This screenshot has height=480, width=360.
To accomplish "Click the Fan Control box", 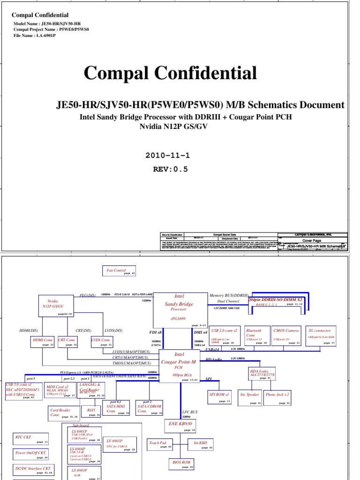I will coord(119,271).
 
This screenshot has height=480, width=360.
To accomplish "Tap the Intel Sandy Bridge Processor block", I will coord(180,308).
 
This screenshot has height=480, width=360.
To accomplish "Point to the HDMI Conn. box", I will coord(43,342).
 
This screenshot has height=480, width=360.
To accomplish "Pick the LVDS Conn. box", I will coord(102,342).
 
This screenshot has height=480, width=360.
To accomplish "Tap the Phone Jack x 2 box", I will coord(277,397).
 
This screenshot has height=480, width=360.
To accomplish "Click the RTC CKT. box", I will coord(31,438).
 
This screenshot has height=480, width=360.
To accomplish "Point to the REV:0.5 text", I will coord(171,170).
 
